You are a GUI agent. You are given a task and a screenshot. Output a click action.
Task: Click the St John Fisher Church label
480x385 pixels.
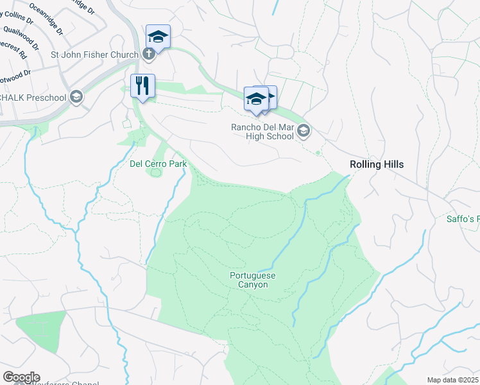[94, 55]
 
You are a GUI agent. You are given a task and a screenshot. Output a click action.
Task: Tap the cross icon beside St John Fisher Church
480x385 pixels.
[148, 54]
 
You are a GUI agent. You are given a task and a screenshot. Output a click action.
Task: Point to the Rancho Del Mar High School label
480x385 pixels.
[262, 132]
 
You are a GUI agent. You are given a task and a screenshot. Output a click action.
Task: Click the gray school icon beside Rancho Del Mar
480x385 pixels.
[304, 132]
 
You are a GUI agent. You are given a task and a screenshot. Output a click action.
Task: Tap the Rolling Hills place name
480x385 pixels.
[377, 164]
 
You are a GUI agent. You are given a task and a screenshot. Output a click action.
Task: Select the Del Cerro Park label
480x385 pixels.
[158, 164]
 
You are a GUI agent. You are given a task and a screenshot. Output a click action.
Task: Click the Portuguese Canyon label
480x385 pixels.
[248, 280]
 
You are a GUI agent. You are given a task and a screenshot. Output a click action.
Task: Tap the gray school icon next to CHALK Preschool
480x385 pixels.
[76, 97]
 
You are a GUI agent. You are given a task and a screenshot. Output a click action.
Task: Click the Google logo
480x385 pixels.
[21, 377]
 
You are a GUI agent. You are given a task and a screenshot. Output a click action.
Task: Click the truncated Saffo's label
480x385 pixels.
[463, 219]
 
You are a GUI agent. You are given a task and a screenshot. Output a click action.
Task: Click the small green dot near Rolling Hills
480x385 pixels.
[318, 153]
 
